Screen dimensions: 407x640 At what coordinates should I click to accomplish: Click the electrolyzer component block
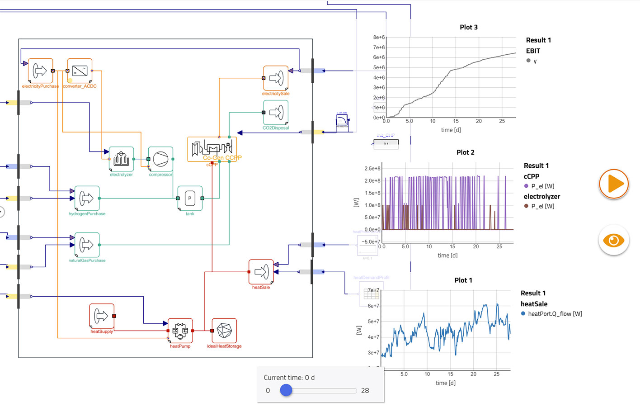121,159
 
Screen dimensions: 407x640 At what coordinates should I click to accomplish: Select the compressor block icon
160,159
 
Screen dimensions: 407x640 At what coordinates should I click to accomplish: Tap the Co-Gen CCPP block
212,149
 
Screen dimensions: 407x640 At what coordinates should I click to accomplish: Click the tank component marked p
190,198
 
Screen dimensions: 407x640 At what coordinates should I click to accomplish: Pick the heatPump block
180,331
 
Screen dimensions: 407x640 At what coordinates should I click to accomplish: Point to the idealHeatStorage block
224,331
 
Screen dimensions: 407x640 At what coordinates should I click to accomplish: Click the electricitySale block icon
276,78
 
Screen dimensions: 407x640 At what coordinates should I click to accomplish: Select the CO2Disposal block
276,112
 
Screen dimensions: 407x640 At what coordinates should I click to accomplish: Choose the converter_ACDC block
80,71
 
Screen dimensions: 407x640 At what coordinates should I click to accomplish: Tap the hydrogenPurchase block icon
87,198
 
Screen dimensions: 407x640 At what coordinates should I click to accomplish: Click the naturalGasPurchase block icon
87,245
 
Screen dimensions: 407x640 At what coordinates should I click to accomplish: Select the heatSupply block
102,316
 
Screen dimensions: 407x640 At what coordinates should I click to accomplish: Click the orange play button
614,184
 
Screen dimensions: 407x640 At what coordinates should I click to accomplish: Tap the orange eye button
614,240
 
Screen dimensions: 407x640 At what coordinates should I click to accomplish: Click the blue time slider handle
286,390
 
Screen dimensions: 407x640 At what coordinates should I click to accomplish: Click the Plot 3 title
469,27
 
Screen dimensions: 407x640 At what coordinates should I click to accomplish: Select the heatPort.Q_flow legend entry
555,314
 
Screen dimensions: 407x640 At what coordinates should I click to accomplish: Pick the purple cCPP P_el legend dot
526,186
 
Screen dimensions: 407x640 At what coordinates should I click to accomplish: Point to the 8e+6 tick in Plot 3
379,37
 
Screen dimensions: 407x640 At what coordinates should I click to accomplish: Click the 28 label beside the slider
365,390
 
